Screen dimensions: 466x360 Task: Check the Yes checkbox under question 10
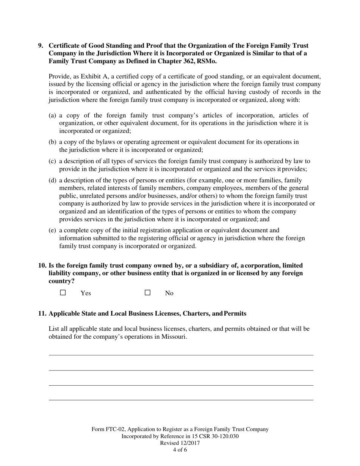pyautogui.click(x=63, y=292)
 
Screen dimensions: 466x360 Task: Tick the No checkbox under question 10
pyautogui.click(x=148, y=292)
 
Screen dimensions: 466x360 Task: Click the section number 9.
pyautogui.click(x=41, y=45)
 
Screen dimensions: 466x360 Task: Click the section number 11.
pyautogui.click(x=42, y=313)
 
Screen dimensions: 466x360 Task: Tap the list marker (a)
pyautogui.click(x=53, y=115)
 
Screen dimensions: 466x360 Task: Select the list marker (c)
pyautogui.click(x=53, y=161)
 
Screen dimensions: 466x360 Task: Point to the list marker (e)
pyautogui.click(x=53, y=230)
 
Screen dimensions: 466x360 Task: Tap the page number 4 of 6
pyautogui.click(x=180, y=450)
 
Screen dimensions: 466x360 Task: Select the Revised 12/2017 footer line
pyautogui.click(x=180, y=443)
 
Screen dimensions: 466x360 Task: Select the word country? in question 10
pyautogui.click(x=61, y=281)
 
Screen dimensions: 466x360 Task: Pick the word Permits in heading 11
pyautogui.click(x=235, y=313)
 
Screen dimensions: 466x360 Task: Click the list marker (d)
pyautogui.click(x=53, y=180)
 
